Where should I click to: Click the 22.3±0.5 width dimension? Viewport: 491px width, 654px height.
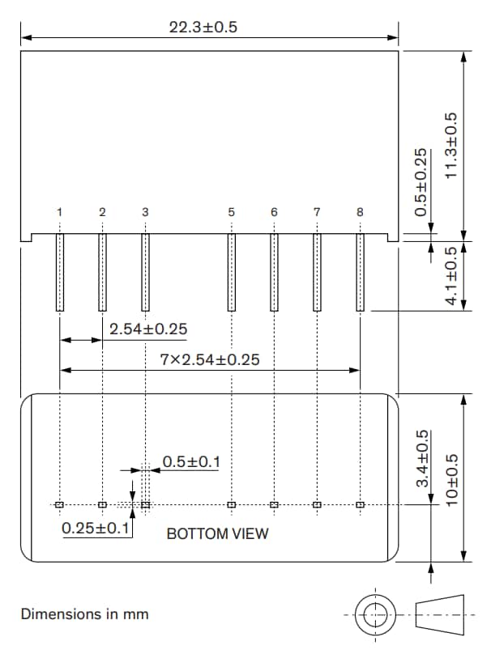click(x=203, y=27)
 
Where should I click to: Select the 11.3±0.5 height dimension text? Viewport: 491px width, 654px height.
click(x=451, y=146)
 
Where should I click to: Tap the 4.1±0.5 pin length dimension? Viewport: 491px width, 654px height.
click(x=451, y=275)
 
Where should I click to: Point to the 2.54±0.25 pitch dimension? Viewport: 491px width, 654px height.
click(x=148, y=329)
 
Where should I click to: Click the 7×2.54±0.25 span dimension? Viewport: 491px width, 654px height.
click(x=210, y=359)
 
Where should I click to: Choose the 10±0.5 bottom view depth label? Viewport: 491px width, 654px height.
click(x=451, y=478)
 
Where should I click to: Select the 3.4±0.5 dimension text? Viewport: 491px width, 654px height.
click(x=422, y=459)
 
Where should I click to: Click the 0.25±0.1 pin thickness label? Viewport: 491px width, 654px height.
click(x=96, y=529)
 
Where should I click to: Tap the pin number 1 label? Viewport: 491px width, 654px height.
click(x=60, y=212)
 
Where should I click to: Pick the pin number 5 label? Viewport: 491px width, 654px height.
click(x=232, y=212)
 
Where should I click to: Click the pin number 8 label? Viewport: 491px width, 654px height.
click(x=360, y=212)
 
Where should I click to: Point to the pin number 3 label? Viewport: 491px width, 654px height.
click(x=145, y=212)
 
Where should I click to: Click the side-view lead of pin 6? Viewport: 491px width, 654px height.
click(x=274, y=272)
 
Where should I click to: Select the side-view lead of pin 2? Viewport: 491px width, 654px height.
click(x=102, y=272)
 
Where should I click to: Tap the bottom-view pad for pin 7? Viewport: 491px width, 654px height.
click(x=317, y=505)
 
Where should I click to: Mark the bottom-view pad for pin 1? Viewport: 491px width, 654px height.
click(x=60, y=505)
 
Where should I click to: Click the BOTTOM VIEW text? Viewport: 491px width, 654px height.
click(x=217, y=534)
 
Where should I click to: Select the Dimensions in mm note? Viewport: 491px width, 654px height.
click(x=84, y=614)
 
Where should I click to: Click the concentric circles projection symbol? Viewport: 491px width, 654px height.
click(x=374, y=614)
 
